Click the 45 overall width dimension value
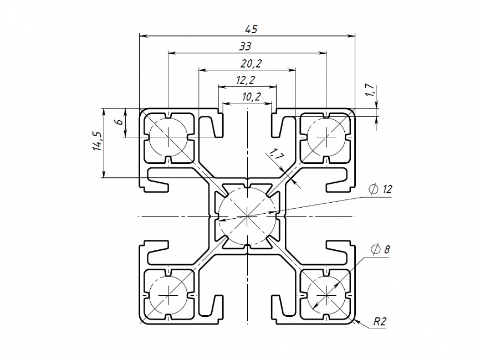247,29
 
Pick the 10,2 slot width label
252,97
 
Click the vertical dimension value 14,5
98,142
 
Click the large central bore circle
247,215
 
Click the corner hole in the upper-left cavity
167,136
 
